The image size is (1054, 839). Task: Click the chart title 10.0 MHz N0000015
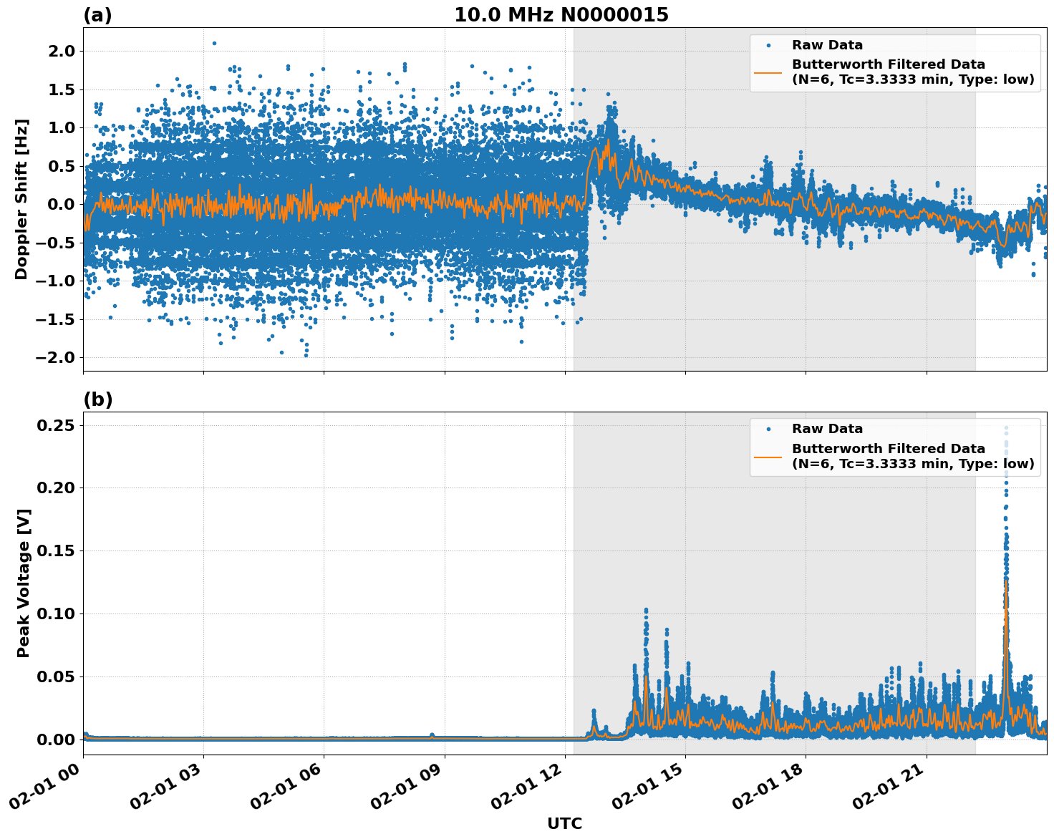pos(561,15)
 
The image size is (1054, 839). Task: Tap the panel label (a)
pos(97,15)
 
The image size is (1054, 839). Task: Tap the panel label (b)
pos(97,399)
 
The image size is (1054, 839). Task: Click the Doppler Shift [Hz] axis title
pos(21,199)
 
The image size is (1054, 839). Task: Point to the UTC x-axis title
pos(564,823)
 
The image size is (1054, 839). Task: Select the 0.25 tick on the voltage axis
pos(55,425)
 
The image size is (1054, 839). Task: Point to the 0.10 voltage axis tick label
pos(55,614)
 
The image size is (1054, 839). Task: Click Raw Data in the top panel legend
pos(827,45)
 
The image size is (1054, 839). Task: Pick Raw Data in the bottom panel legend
pos(827,429)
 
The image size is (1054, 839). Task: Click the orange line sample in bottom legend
pos(768,456)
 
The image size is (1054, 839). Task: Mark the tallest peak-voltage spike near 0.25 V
pos(1006,428)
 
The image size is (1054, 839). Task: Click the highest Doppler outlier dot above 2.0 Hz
pos(214,43)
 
